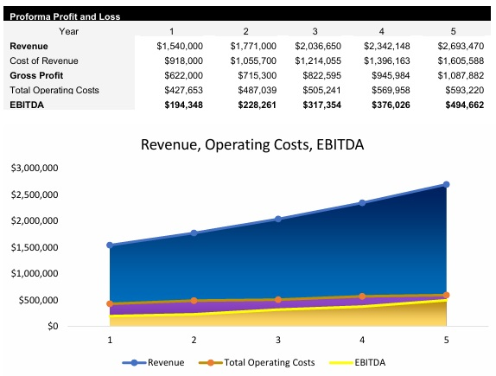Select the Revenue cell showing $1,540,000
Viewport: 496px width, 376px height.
click(180, 45)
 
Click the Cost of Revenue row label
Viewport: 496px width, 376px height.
click(44, 61)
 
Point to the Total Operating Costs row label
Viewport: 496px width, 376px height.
click(54, 90)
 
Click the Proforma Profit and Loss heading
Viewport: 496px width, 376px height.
click(65, 16)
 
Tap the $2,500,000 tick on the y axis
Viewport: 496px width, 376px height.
click(35, 194)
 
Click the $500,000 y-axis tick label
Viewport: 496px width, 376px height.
click(39, 300)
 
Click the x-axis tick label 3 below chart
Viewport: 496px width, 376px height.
click(278, 340)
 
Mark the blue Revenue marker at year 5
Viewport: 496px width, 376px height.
click(447, 184)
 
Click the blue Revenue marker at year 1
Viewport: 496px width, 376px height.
click(110, 245)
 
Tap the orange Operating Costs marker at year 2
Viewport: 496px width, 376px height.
click(194, 301)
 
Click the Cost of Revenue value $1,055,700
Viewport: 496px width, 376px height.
click(253, 61)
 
